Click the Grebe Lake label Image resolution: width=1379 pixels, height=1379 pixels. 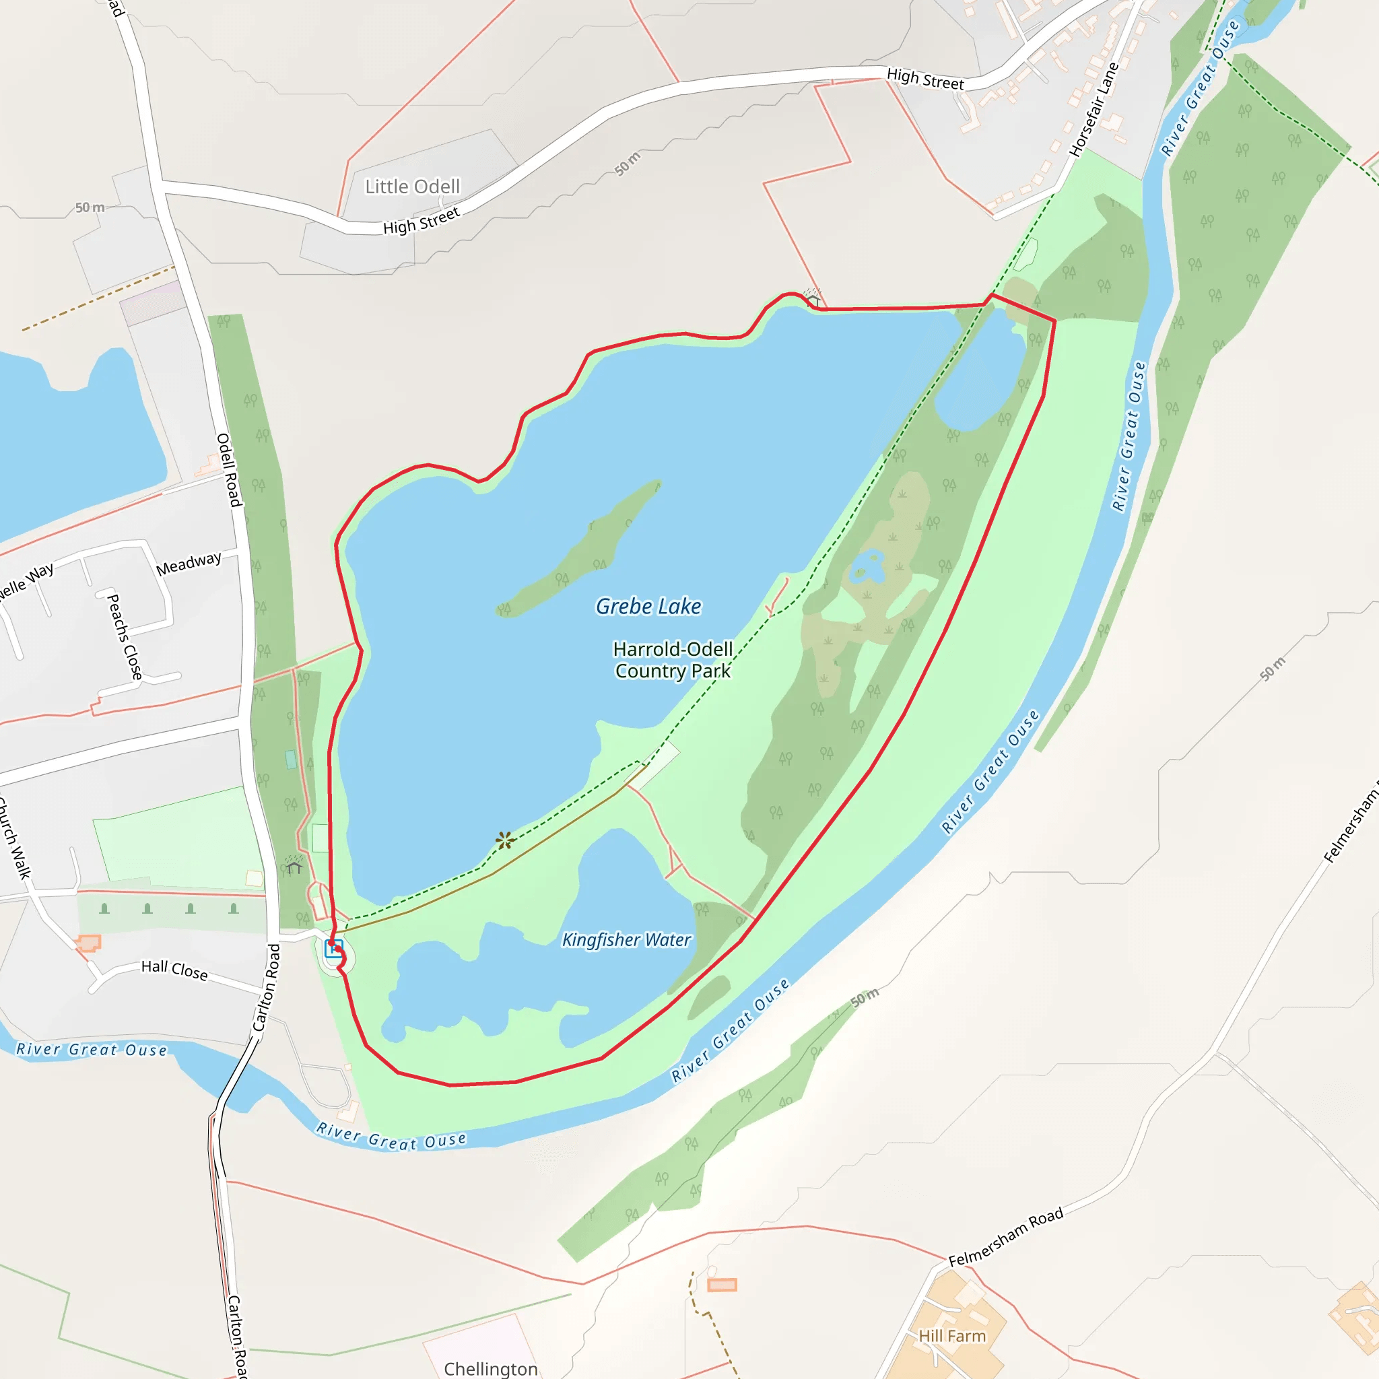coord(648,607)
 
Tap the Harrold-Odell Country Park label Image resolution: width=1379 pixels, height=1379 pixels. coord(673,661)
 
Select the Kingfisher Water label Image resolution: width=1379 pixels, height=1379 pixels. coord(626,940)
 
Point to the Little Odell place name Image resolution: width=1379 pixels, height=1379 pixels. coord(413,187)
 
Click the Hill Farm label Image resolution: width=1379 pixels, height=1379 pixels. coord(951,1336)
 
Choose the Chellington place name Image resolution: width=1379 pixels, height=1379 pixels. coord(490,1368)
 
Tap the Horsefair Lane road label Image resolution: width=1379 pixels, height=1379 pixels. coord(1094,110)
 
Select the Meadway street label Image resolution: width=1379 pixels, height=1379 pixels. coord(189,564)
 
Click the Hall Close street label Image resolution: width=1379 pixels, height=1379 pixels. coord(174,970)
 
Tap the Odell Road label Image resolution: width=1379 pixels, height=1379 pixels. coord(228,470)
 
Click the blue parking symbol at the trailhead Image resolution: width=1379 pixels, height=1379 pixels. coord(333,949)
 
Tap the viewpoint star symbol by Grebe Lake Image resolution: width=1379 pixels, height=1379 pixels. coord(504,840)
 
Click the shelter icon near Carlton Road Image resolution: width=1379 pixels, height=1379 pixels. coord(294,865)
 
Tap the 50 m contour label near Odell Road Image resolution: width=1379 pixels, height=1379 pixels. coord(90,207)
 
